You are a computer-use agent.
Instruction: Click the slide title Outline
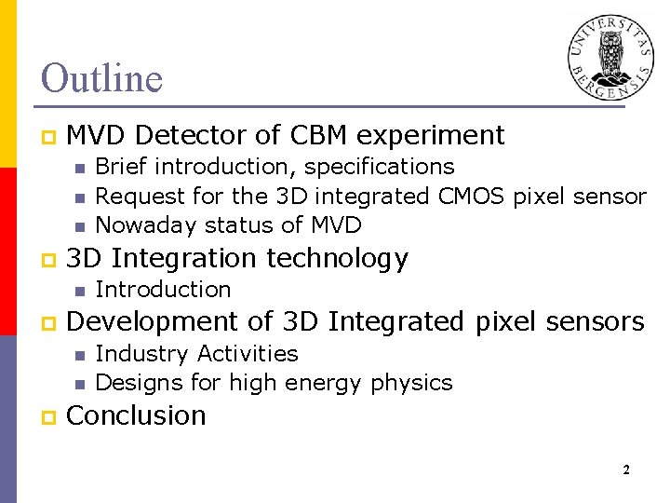coord(101,78)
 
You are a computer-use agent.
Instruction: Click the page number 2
coord(626,470)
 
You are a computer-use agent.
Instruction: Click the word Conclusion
coord(137,415)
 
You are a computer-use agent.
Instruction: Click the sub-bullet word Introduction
coord(163,290)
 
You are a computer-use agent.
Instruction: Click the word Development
coord(154,321)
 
